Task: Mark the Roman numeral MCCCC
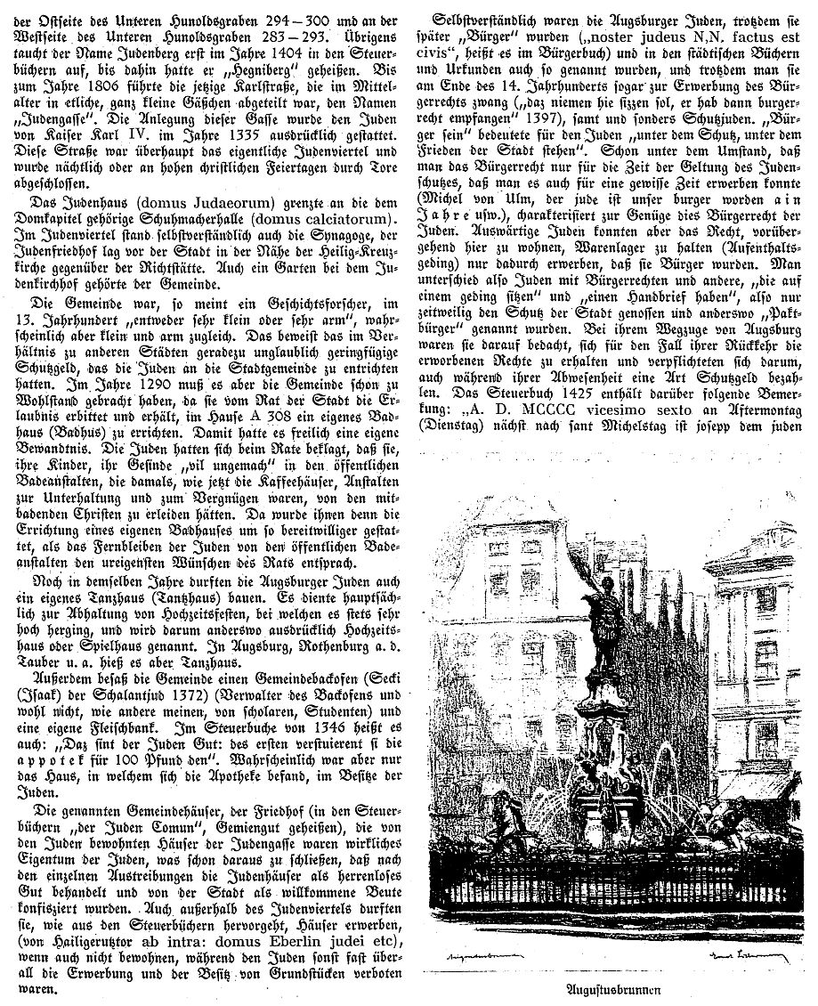tap(560, 410)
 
